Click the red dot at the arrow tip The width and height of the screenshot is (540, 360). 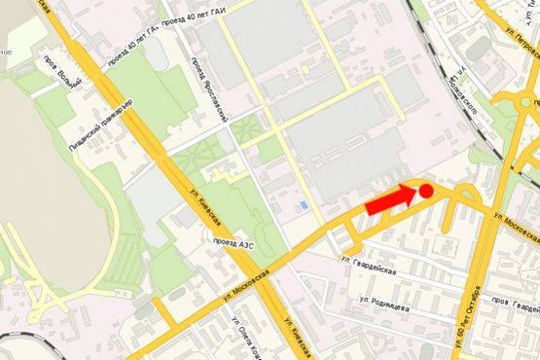(x=425, y=191)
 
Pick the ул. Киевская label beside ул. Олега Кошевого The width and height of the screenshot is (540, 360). (x=295, y=335)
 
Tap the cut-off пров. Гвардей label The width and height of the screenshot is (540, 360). (x=516, y=302)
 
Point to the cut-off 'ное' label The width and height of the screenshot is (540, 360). (x=6, y=52)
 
